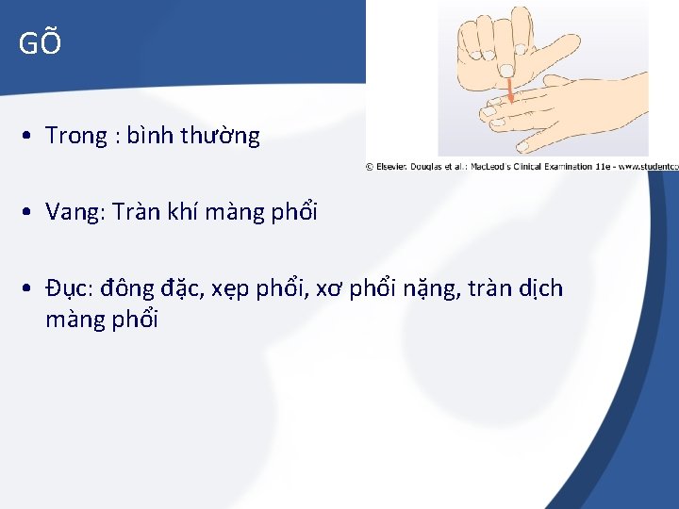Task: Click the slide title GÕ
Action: pos(40,43)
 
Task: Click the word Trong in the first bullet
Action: pos(76,137)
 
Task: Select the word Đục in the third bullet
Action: pos(67,288)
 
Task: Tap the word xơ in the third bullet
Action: pos(327,289)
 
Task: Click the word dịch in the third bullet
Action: pos(541,288)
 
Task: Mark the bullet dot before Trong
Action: pos(31,137)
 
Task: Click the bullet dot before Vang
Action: pos(31,212)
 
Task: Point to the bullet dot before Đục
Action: pos(31,288)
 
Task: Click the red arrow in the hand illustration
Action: pos(511,90)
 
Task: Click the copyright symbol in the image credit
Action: pos(371,167)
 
